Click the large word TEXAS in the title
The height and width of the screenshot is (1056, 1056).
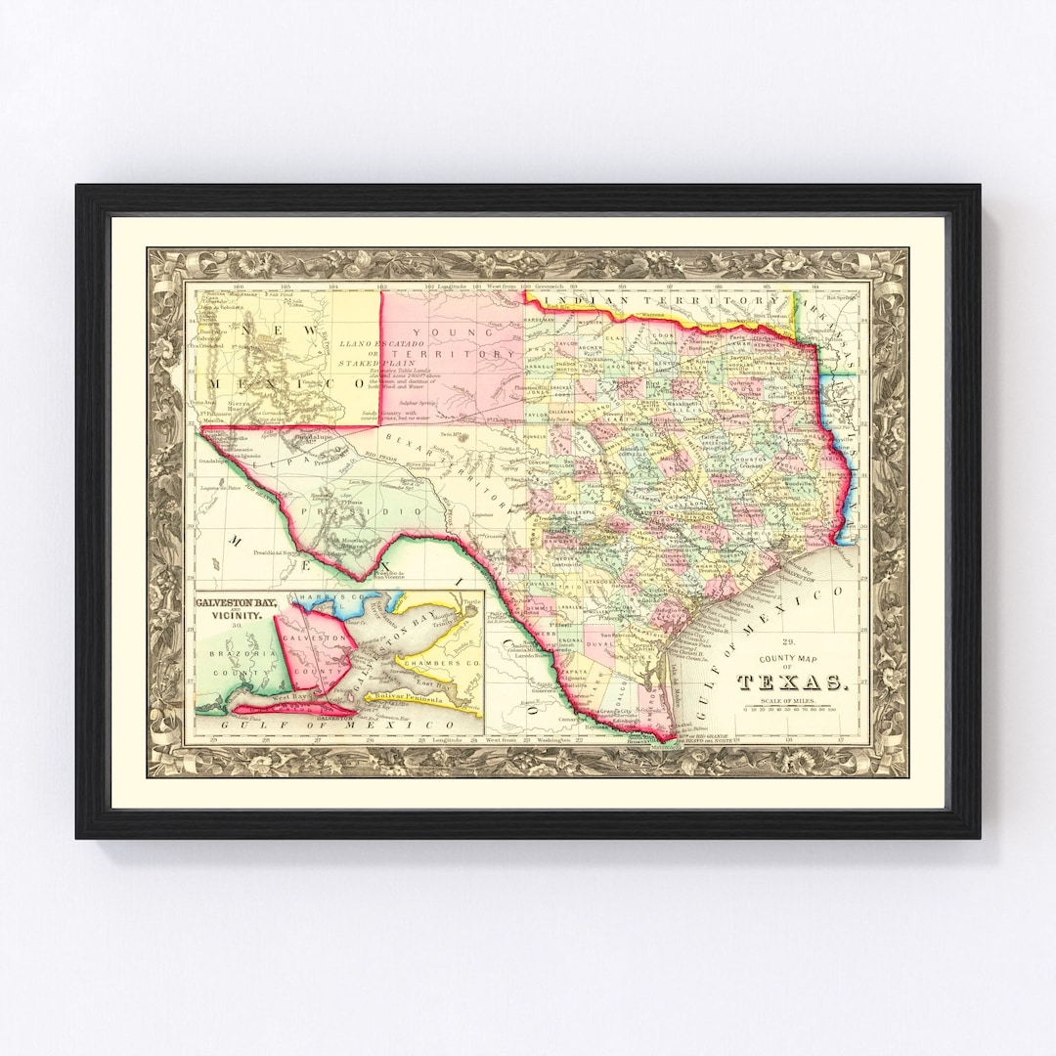click(792, 682)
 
